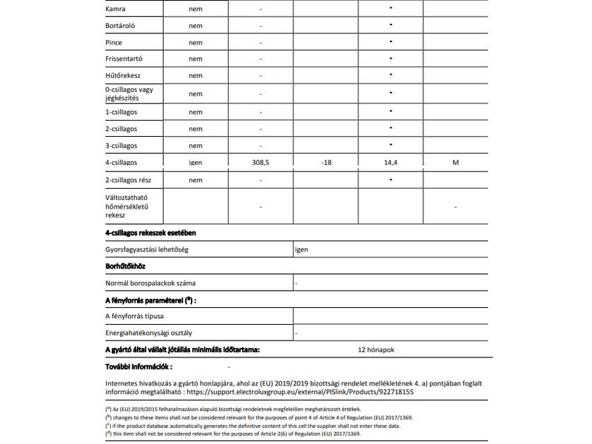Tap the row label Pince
click(x=115, y=42)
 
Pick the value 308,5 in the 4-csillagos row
click(x=261, y=162)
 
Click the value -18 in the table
click(x=326, y=162)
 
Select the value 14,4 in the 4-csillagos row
click(x=390, y=162)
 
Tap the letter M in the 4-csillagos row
click(x=455, y=162)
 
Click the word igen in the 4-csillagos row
click(x=195, y=162)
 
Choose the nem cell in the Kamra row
click(x=195, y=10)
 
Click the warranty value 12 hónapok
click(x=380, y=349)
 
